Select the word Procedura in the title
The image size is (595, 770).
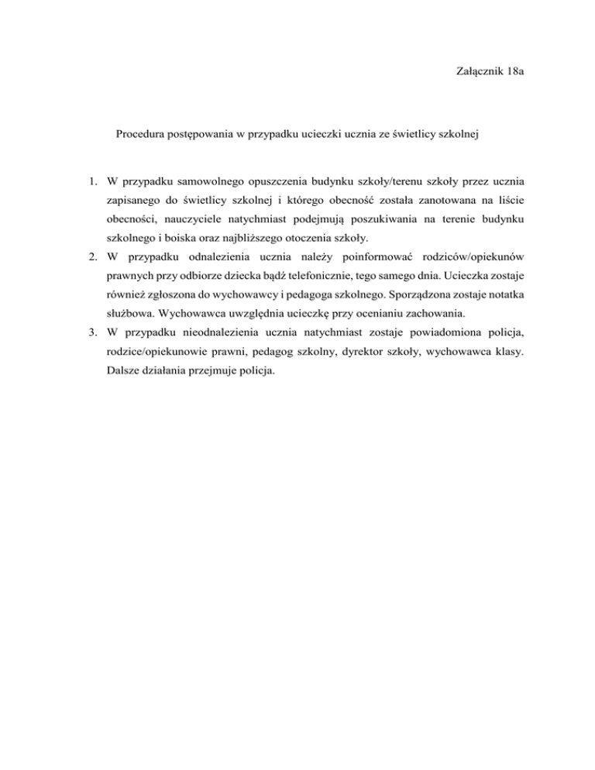pos(143,135)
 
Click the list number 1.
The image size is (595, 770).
pos(91,183)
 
